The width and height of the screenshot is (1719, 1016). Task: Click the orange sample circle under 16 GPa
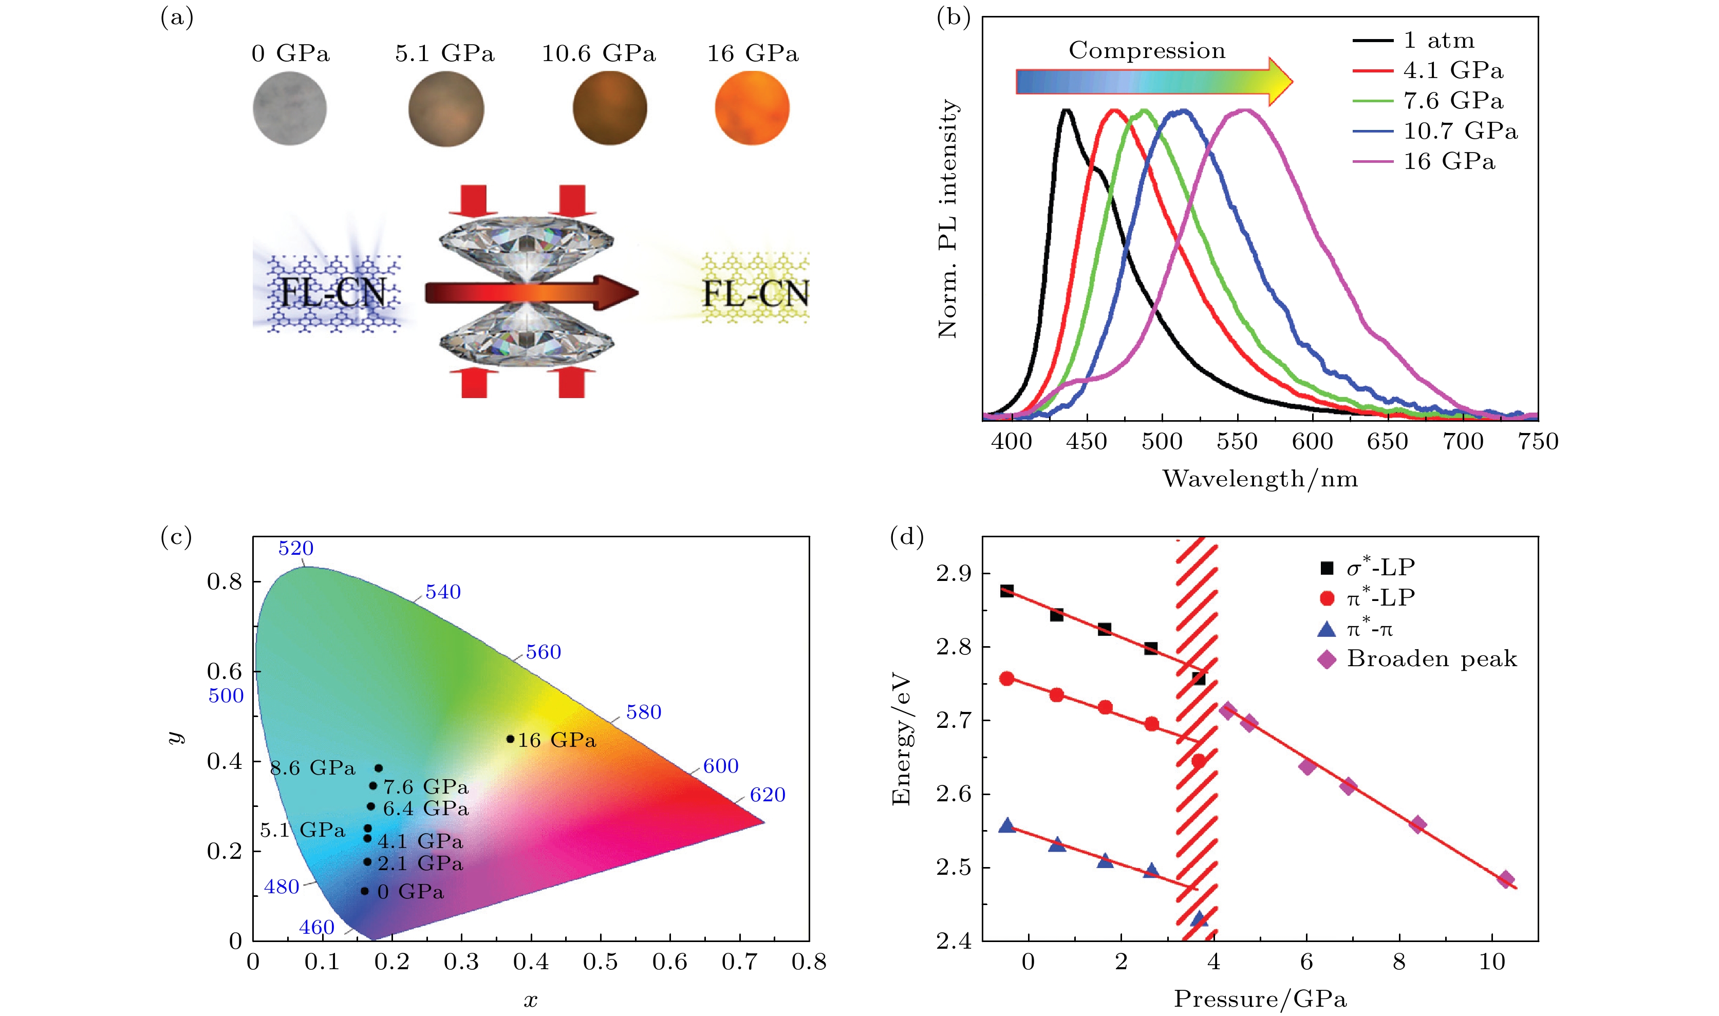coord(752,108)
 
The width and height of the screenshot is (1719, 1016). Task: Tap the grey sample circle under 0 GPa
coord(290,109)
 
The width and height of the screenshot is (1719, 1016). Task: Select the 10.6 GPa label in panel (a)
coord(599,53)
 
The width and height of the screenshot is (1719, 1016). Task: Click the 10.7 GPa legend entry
coord(1460,131)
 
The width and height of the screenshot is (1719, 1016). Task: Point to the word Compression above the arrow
coord(1147,51)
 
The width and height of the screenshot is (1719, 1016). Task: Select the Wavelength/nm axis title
coord(1260,479)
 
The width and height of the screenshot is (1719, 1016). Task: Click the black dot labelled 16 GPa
coord(510,739)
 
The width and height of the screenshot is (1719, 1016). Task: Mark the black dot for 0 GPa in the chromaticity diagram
coord(364,891)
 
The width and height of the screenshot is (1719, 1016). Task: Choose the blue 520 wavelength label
coord(296,549)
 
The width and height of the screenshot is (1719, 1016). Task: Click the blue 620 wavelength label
coord(768,795)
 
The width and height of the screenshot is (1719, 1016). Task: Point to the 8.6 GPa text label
coord(313,767)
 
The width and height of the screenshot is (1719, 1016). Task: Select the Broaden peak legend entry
coord(1431,658)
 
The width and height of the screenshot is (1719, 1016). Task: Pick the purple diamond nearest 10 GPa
coord(1505,879)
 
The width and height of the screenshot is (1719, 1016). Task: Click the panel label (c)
coord(176,537)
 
